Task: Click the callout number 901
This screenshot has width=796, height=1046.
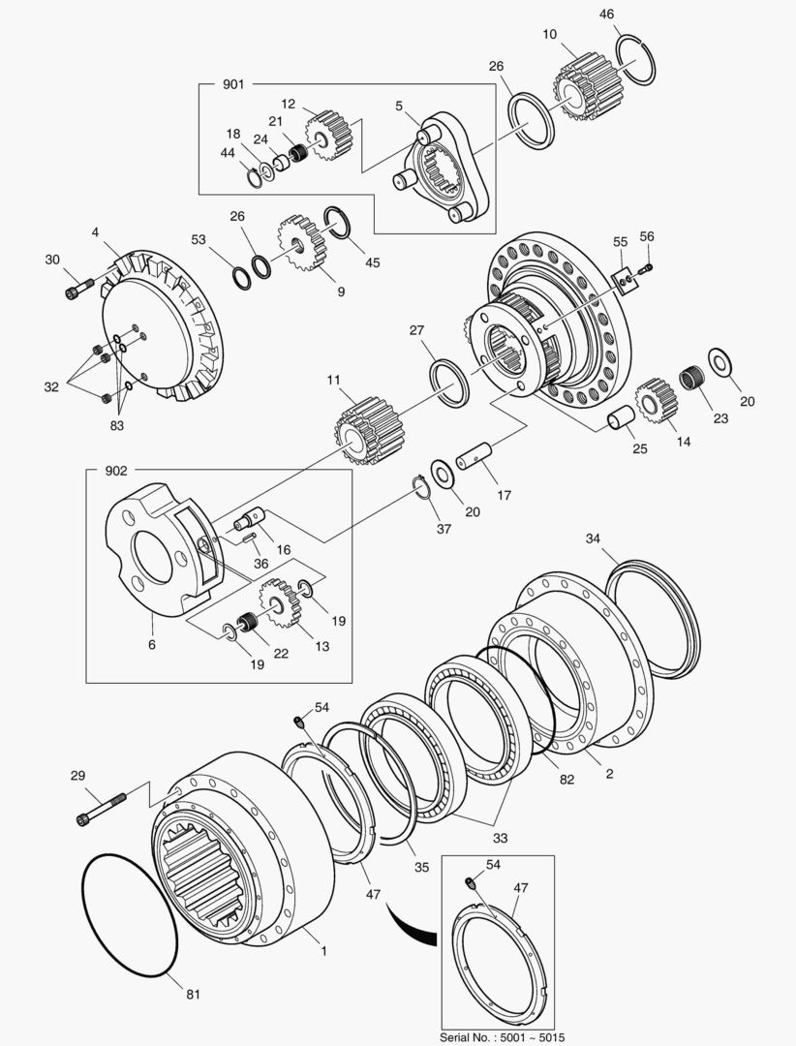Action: [233, 85]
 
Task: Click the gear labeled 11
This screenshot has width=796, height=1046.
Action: [367, 430]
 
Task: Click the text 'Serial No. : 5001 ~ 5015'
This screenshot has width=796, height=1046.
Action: [498, 1035]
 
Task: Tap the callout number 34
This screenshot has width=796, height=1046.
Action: [594, 538]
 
